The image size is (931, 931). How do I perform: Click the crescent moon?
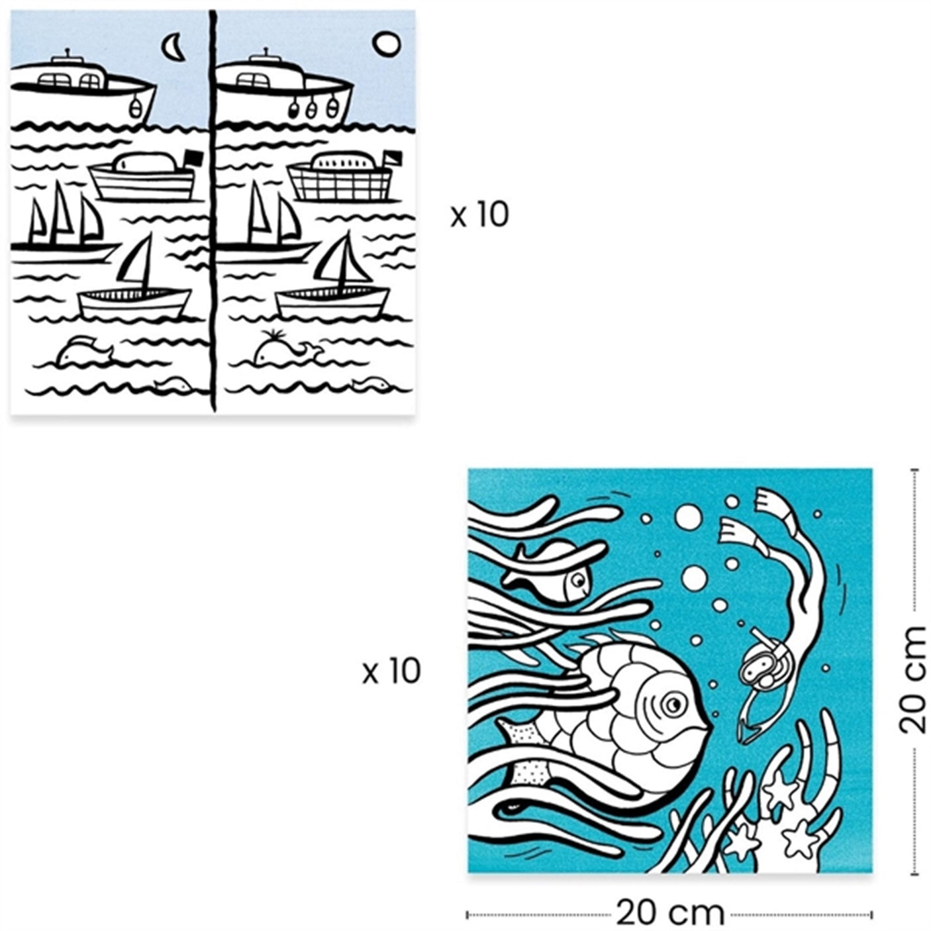pos(173,46)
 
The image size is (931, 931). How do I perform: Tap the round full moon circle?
pos(386,44)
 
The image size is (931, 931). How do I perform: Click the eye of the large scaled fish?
pos(675,703)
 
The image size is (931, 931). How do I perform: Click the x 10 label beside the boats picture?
pos(479,215)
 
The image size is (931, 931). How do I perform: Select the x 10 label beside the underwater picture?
pos(391,671)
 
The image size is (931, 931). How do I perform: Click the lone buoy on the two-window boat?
pos(135,107)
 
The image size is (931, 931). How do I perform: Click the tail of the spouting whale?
pos(311,352)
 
